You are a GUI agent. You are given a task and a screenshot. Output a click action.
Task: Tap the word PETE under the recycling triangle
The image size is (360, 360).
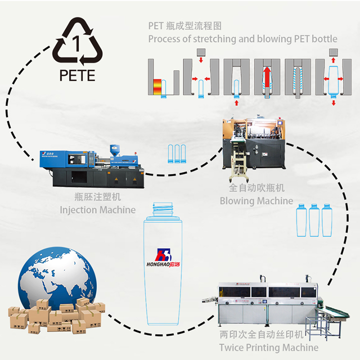(x=76, y=75)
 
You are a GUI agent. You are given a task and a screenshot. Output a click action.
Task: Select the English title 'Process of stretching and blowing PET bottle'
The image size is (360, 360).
(x=242, y=38)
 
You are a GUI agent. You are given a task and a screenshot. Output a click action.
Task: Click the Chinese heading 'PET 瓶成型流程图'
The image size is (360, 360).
(x=184, y=25)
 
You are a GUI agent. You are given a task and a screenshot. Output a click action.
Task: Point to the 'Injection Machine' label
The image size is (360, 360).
(x=97, y=209)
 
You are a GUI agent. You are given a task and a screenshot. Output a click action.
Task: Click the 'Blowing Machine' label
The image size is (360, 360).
(x=256, y=200)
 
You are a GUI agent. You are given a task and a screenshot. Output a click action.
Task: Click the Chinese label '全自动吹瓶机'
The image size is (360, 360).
(x=256, y=188)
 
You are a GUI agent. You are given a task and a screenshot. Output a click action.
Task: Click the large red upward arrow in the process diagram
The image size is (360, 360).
(x=267, y=79)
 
